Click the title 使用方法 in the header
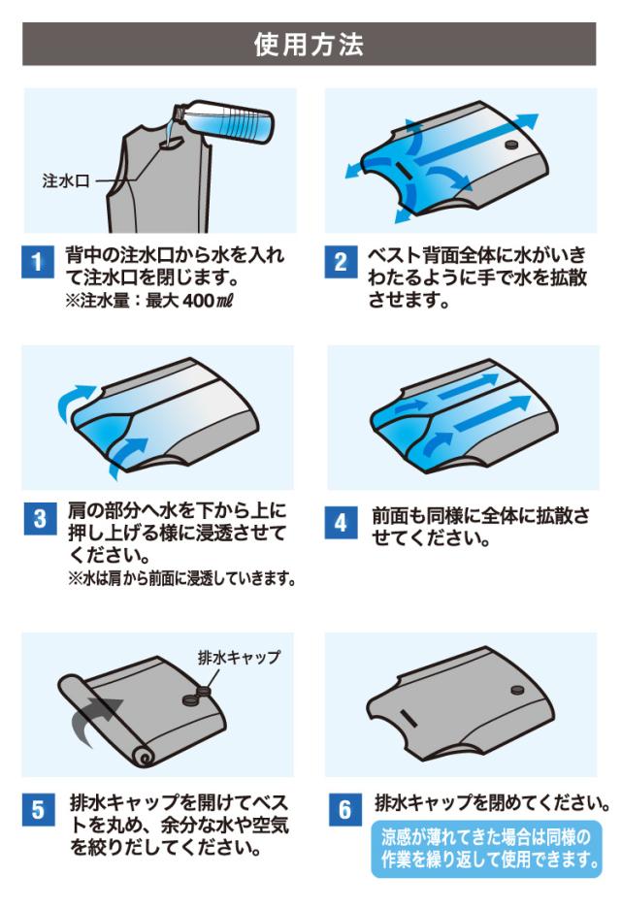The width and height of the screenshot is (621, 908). pyautogui.click(x=309, y=44)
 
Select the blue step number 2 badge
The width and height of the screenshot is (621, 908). pyautogui.click(x=341, y=262)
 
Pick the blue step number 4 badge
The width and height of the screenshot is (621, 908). pyautogui.click(x=341, y=523)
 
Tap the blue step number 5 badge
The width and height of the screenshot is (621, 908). pyautogui.click(x=38, y=810)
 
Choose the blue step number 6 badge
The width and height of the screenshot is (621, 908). pyautogui.click(x=344, y=810)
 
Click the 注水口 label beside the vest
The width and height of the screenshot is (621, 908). pyautogui.click(x=65, y=181)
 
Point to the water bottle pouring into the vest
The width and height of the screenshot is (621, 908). pyautogui.click(x=225, y=121)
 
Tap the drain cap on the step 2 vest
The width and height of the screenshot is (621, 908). pyautogui.click(x=511, y=145)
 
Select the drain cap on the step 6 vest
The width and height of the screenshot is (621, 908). pyautogui.click(x=517, y=690)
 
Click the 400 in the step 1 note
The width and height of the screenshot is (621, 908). pyautogui.click(x=198, y=301)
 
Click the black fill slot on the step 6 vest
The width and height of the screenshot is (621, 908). pyautogui.click(x=408, y=719)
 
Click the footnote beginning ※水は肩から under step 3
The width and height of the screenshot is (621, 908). pyautogui.click(x=181, y=578)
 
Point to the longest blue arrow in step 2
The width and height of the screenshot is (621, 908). pyautogui.click(x=475, y=139)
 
